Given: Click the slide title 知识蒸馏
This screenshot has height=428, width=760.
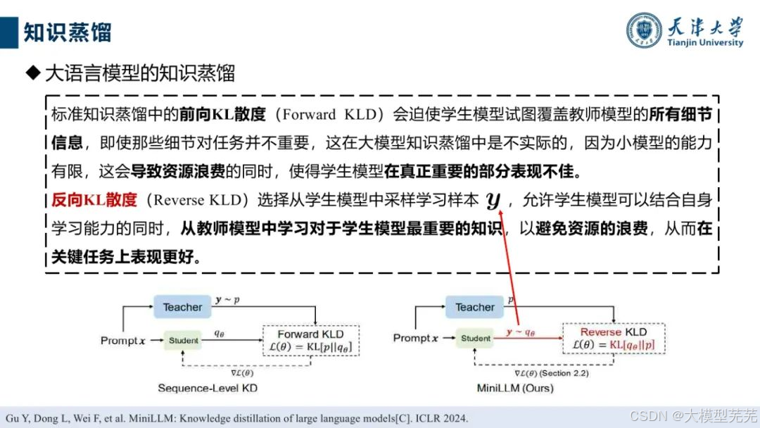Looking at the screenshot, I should coord(68,32).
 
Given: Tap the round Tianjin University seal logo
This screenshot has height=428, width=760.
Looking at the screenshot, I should coord(645,31).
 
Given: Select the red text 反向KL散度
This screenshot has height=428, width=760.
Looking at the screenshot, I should coord(94,199).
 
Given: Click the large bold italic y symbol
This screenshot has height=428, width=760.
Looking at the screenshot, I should coord(493,201).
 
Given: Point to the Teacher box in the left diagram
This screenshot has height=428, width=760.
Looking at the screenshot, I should coord(182,307).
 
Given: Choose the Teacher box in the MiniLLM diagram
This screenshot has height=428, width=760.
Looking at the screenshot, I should coord(475,307).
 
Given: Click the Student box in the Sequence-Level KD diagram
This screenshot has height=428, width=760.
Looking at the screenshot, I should coord(183,341).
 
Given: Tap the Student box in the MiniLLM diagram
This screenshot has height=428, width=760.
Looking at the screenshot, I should coord(475,339).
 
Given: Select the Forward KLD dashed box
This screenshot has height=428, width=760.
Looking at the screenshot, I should coord(310,341).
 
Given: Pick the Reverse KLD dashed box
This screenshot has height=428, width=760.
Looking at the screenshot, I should coord(613,339).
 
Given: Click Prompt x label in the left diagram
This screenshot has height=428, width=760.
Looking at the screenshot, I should coord(123,341).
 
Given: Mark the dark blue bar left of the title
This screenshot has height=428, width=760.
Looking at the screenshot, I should coord(8,32).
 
